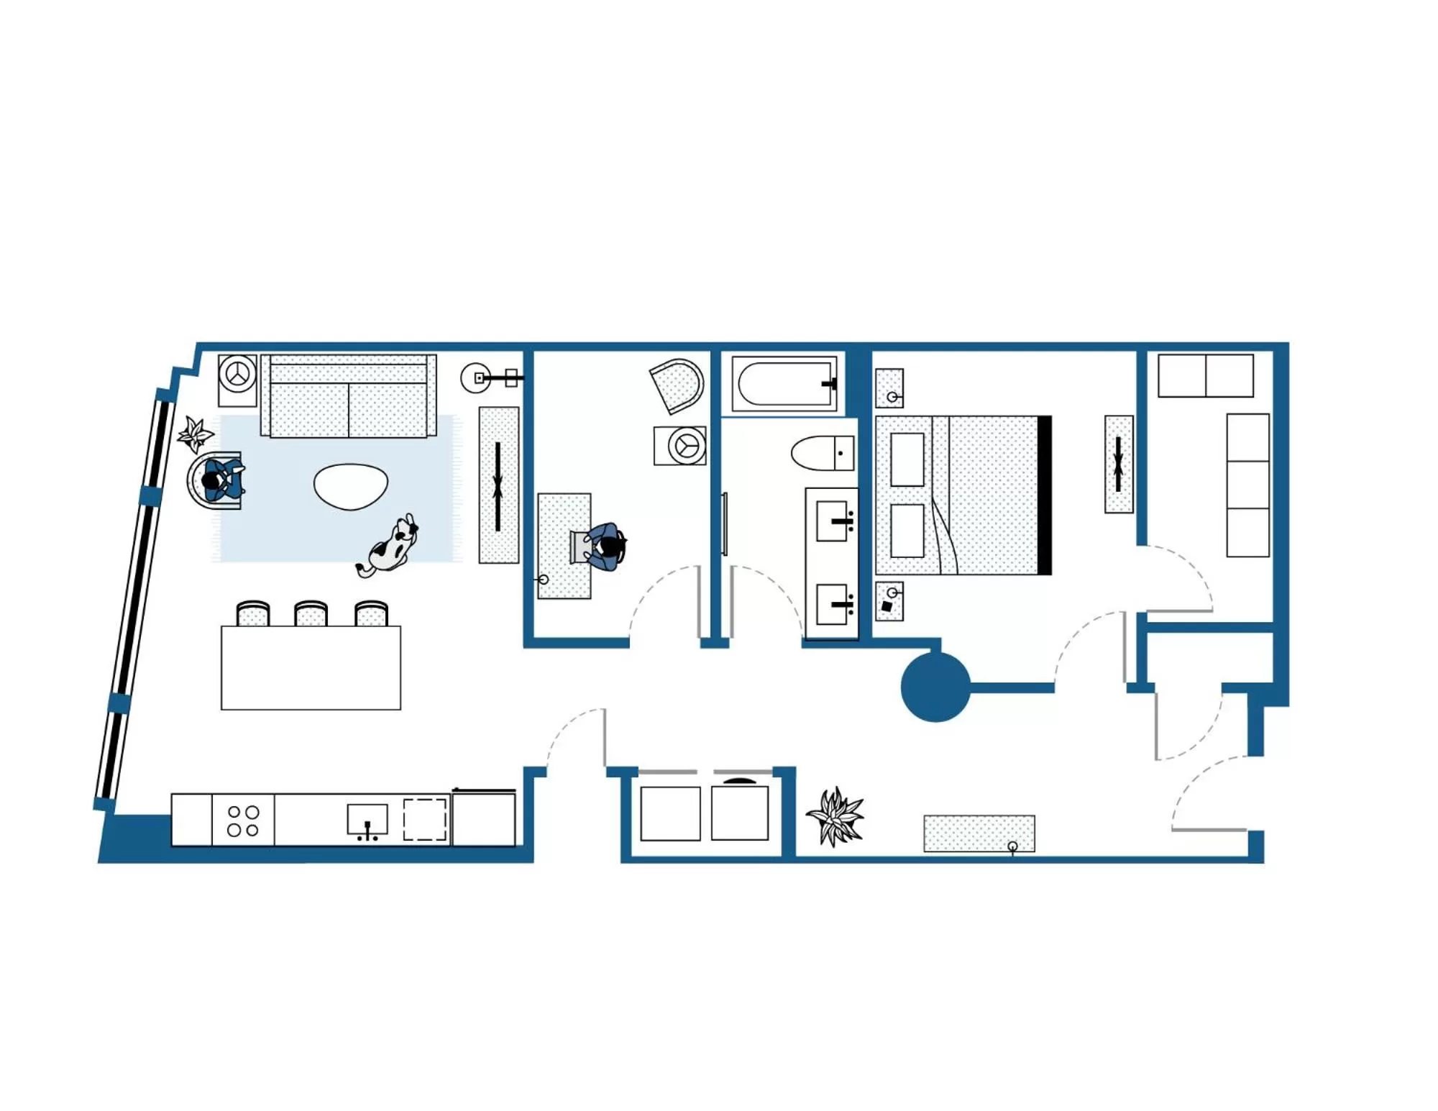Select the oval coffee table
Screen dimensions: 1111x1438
351,486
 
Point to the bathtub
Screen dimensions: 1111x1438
784,383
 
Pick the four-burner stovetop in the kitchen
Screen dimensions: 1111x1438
243,820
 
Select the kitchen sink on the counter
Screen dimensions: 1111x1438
367,819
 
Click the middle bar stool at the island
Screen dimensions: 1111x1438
311,613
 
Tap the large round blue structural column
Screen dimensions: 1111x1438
935,686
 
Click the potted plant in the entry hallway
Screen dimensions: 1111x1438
836,816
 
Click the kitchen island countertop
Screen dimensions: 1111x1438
311,667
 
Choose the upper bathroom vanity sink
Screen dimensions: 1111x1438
834,521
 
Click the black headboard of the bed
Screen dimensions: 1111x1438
1045,495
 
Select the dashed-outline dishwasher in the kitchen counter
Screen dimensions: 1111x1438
425,819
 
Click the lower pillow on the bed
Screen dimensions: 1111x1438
907,531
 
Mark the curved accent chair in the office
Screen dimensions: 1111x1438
677,385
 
